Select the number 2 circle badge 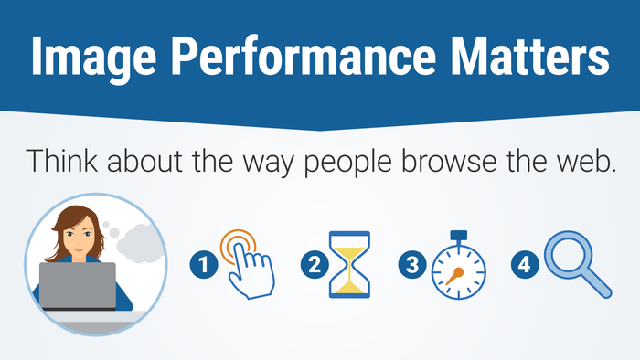point(314,266)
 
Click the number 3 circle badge point(411,266)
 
